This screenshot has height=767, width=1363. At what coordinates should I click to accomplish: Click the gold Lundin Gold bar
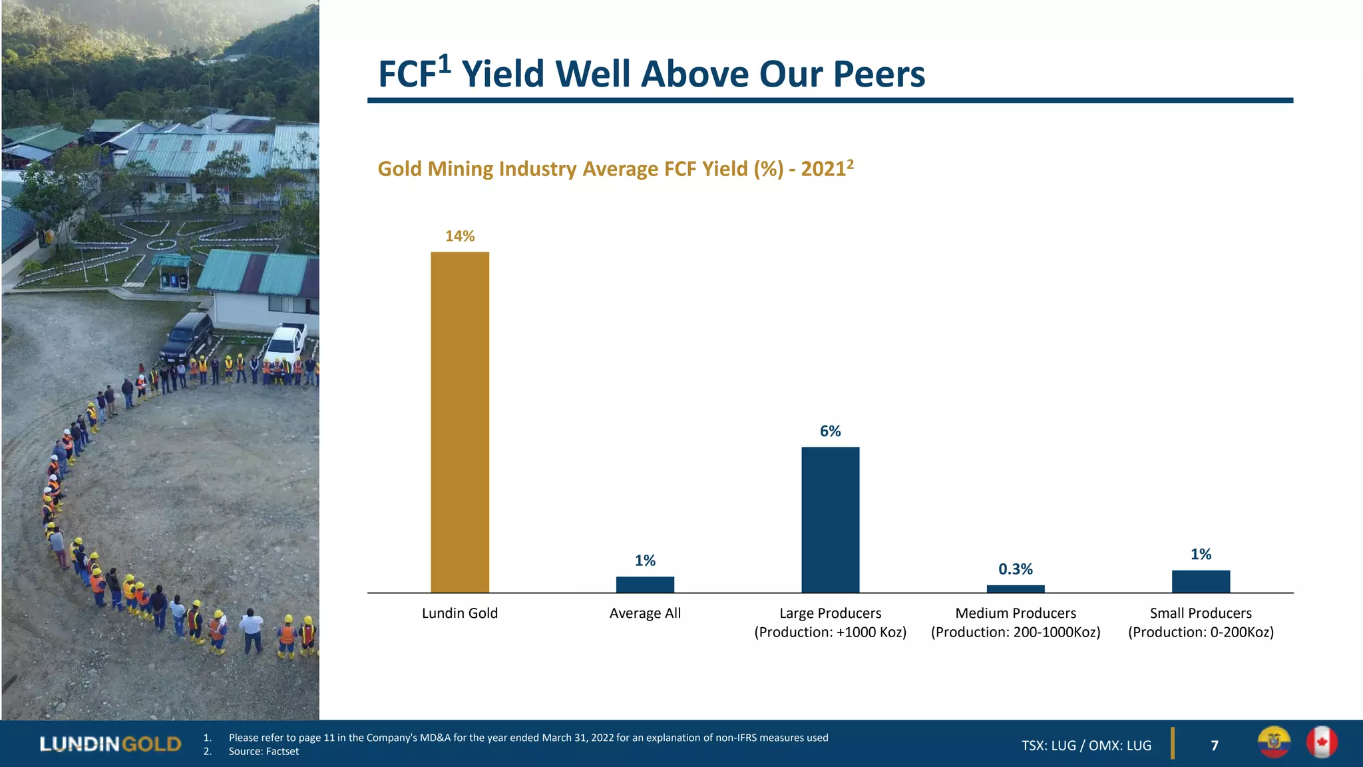coord(460,422)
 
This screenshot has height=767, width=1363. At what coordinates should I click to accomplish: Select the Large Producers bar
coord(830,519)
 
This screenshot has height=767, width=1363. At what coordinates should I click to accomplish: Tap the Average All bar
coord(645,585)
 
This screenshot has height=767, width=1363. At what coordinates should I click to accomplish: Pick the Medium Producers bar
coord(1016,589)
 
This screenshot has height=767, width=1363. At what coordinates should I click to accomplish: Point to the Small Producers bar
coord(1201,581)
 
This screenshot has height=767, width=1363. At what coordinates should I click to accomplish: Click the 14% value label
coord(460,236)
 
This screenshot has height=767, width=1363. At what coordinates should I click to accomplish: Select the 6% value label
coord(830,431)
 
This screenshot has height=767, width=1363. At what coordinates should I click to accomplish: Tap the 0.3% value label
coord(1016,569)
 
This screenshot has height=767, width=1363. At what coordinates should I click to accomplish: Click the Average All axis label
coord(645,613)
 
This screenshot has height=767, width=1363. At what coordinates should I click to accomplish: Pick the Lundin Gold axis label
coord(460,613)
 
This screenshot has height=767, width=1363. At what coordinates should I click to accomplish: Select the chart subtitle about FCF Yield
coord(615,168)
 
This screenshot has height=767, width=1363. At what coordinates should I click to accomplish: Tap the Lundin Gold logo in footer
coord(110,744)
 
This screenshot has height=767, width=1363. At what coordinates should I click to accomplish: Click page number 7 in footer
coord(1215,746)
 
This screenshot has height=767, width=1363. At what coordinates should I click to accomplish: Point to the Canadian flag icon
coord(1322,742)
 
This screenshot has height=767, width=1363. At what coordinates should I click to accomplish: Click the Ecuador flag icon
coord(1274,742)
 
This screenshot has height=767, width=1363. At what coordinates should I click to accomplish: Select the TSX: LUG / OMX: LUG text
coord(1086,746)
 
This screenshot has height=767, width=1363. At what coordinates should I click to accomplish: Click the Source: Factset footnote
coord(264,752)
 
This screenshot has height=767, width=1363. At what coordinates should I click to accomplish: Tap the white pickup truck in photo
coord(286,342)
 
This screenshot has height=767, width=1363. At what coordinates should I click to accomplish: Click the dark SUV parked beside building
coord(188,336)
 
